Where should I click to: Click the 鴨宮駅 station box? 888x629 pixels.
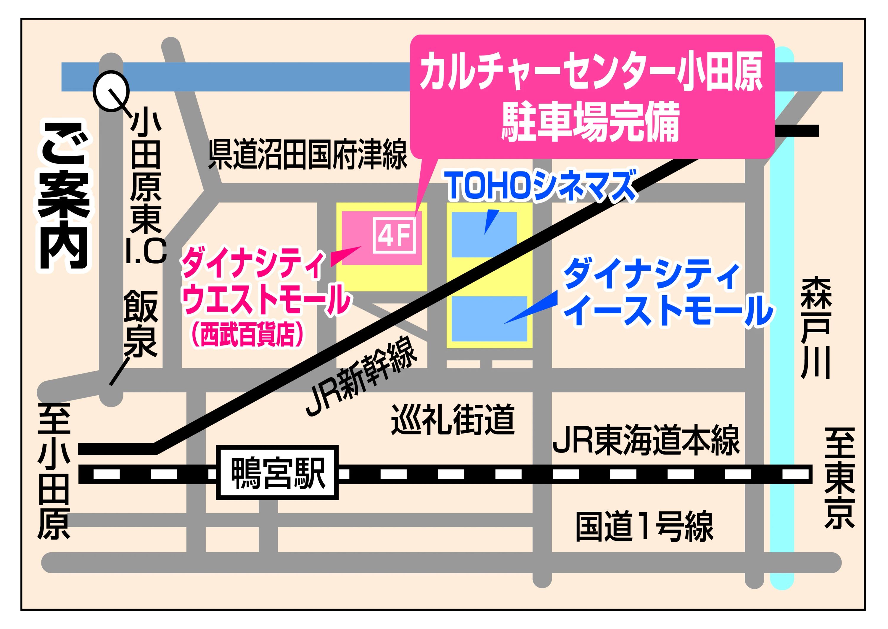277,473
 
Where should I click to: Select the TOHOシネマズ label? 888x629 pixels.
541,186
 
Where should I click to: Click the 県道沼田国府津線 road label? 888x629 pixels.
308,155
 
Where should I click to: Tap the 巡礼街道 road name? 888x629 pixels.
453,419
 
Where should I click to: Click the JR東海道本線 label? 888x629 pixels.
646,440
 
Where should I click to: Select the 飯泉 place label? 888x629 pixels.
141,324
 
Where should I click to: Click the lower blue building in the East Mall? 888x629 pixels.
489,319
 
